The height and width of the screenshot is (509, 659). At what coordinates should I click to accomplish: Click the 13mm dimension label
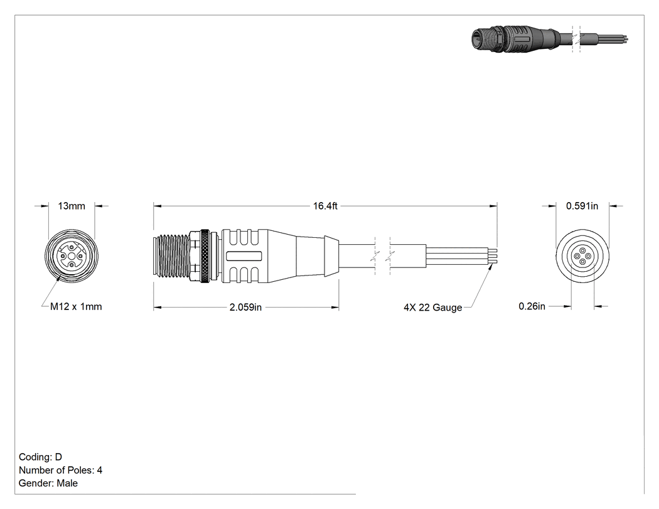point(72,206)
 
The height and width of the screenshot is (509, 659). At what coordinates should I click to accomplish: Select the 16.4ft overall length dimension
point(325,206)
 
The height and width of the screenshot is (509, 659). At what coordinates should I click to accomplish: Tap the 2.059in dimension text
point(245,308)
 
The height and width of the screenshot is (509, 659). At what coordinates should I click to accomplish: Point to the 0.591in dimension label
point(582,206)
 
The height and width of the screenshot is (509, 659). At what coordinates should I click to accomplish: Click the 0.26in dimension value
point(532,306)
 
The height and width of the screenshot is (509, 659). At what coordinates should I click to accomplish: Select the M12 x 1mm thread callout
point(76,307)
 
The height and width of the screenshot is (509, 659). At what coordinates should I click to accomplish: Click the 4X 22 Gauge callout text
point(433,308)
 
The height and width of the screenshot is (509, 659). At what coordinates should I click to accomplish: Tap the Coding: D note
point(40,457)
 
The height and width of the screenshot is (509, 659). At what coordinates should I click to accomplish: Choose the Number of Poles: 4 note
point(60,470)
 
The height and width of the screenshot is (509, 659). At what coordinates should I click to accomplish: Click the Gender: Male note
point(48,483)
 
